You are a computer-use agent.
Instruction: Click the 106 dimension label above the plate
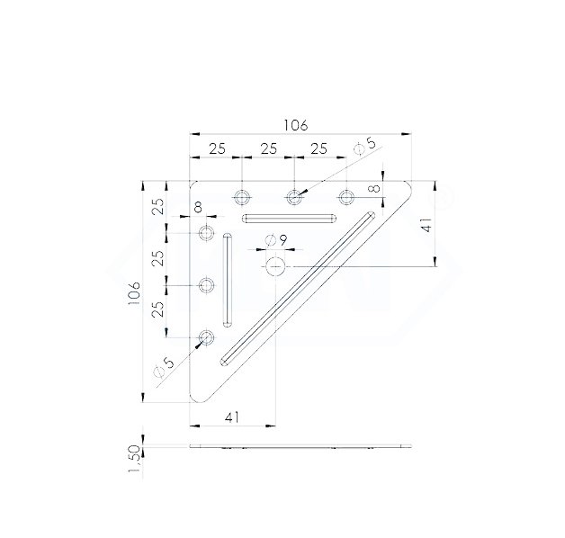[296, 125]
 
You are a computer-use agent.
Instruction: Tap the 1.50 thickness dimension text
[135, 461]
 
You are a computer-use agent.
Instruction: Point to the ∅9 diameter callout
[276, 240]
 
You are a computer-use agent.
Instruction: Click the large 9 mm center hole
[276, 265]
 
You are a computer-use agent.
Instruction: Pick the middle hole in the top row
[293, 196]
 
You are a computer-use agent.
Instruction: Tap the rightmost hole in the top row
[346, 196]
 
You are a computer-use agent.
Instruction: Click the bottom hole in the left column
[207, 337]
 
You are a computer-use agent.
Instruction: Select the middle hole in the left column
[207, 286]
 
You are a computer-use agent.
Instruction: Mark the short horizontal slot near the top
[289, 218]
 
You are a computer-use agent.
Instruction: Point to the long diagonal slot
[297, 288]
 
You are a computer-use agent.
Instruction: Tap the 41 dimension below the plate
[231, 417]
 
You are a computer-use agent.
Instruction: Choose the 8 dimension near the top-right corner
[373, 190]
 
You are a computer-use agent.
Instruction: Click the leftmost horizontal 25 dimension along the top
[216, 149]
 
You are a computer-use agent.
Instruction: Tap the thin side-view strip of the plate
[297, 445]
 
